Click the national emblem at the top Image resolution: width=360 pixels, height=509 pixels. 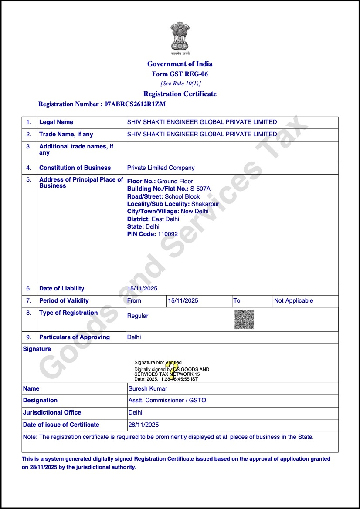pyautogui.click(x=180, y=38)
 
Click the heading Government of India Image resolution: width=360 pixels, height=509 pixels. pyautogui.click(x=180, y=64)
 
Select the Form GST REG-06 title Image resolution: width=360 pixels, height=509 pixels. pyautogui.click(x=180, y=74)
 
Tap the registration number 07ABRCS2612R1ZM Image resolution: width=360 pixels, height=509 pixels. pyautogui.click(x=135, y=104)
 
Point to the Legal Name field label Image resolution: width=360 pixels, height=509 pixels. pyautogui.click(x=56, y=122)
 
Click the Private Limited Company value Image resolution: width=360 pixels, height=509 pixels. pyautogui.click(x=161, y=168)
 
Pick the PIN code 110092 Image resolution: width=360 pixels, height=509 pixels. pyautogui.click(x=168, y=234)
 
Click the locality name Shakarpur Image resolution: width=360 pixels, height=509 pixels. pyautogui.click(x=205, y=204)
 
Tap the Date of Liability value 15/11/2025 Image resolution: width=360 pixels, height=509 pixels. pyautogui.click(x=142, y=289)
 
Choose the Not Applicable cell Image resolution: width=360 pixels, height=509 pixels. pyautogui.click(x=293, y=301)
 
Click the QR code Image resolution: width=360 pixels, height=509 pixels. pyautogui.click(x=244, y=320)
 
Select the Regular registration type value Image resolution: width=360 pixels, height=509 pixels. pyautogui.click(x=138, y=316)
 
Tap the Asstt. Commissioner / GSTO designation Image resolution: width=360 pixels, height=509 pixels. pyautogui.click(x=167, y=401)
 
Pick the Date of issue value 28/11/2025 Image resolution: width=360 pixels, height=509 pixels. pyautogui.click(x=143, y=425)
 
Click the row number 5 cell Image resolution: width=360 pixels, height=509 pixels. pyautogui.click(x=29, y=180)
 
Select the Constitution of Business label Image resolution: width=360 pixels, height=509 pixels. pyautogui.click(x=75, y=168)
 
